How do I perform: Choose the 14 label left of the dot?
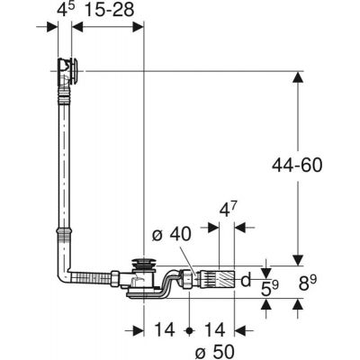coord(166,329)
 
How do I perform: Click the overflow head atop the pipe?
coord(68,70)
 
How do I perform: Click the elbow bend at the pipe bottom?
coord(65,272)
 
